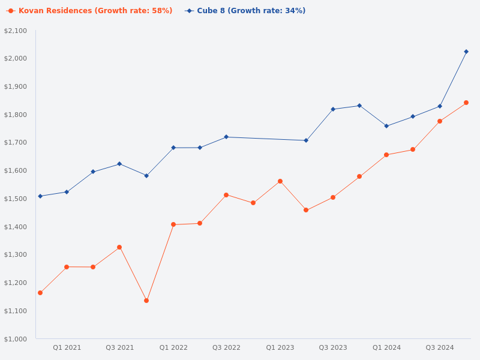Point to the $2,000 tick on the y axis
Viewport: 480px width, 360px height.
[x=16, y=58]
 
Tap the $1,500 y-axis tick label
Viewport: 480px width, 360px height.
[x=16, y=199]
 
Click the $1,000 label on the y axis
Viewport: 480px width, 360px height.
[x=16, y=339]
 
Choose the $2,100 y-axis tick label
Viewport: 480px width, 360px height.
[x=16, y=31]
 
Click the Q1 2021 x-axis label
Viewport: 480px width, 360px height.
[x=67, y=347]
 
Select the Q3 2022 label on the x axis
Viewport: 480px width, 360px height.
[x=226, y=347]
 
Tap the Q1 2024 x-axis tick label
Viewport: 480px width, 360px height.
[x=386, y=347]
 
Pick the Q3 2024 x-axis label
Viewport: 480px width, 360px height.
[x=440, y=347]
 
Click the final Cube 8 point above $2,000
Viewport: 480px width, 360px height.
[x=466, y=52]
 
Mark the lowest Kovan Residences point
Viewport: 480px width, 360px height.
[x=146, y=301]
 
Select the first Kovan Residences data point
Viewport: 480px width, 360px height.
[x=40, y=293]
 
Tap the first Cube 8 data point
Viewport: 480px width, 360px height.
[x=40, y=196]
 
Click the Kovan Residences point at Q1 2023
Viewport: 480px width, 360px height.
[x=280, y=181]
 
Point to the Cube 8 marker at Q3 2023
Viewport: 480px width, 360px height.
[x=333, y=109]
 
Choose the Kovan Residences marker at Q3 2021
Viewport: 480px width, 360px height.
[x=119, y=247]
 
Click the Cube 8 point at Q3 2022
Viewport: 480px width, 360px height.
[x=226, y=137]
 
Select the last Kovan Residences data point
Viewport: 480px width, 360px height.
[x=466, y=103]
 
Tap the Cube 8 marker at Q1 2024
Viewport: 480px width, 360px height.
[x=386, y=126]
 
